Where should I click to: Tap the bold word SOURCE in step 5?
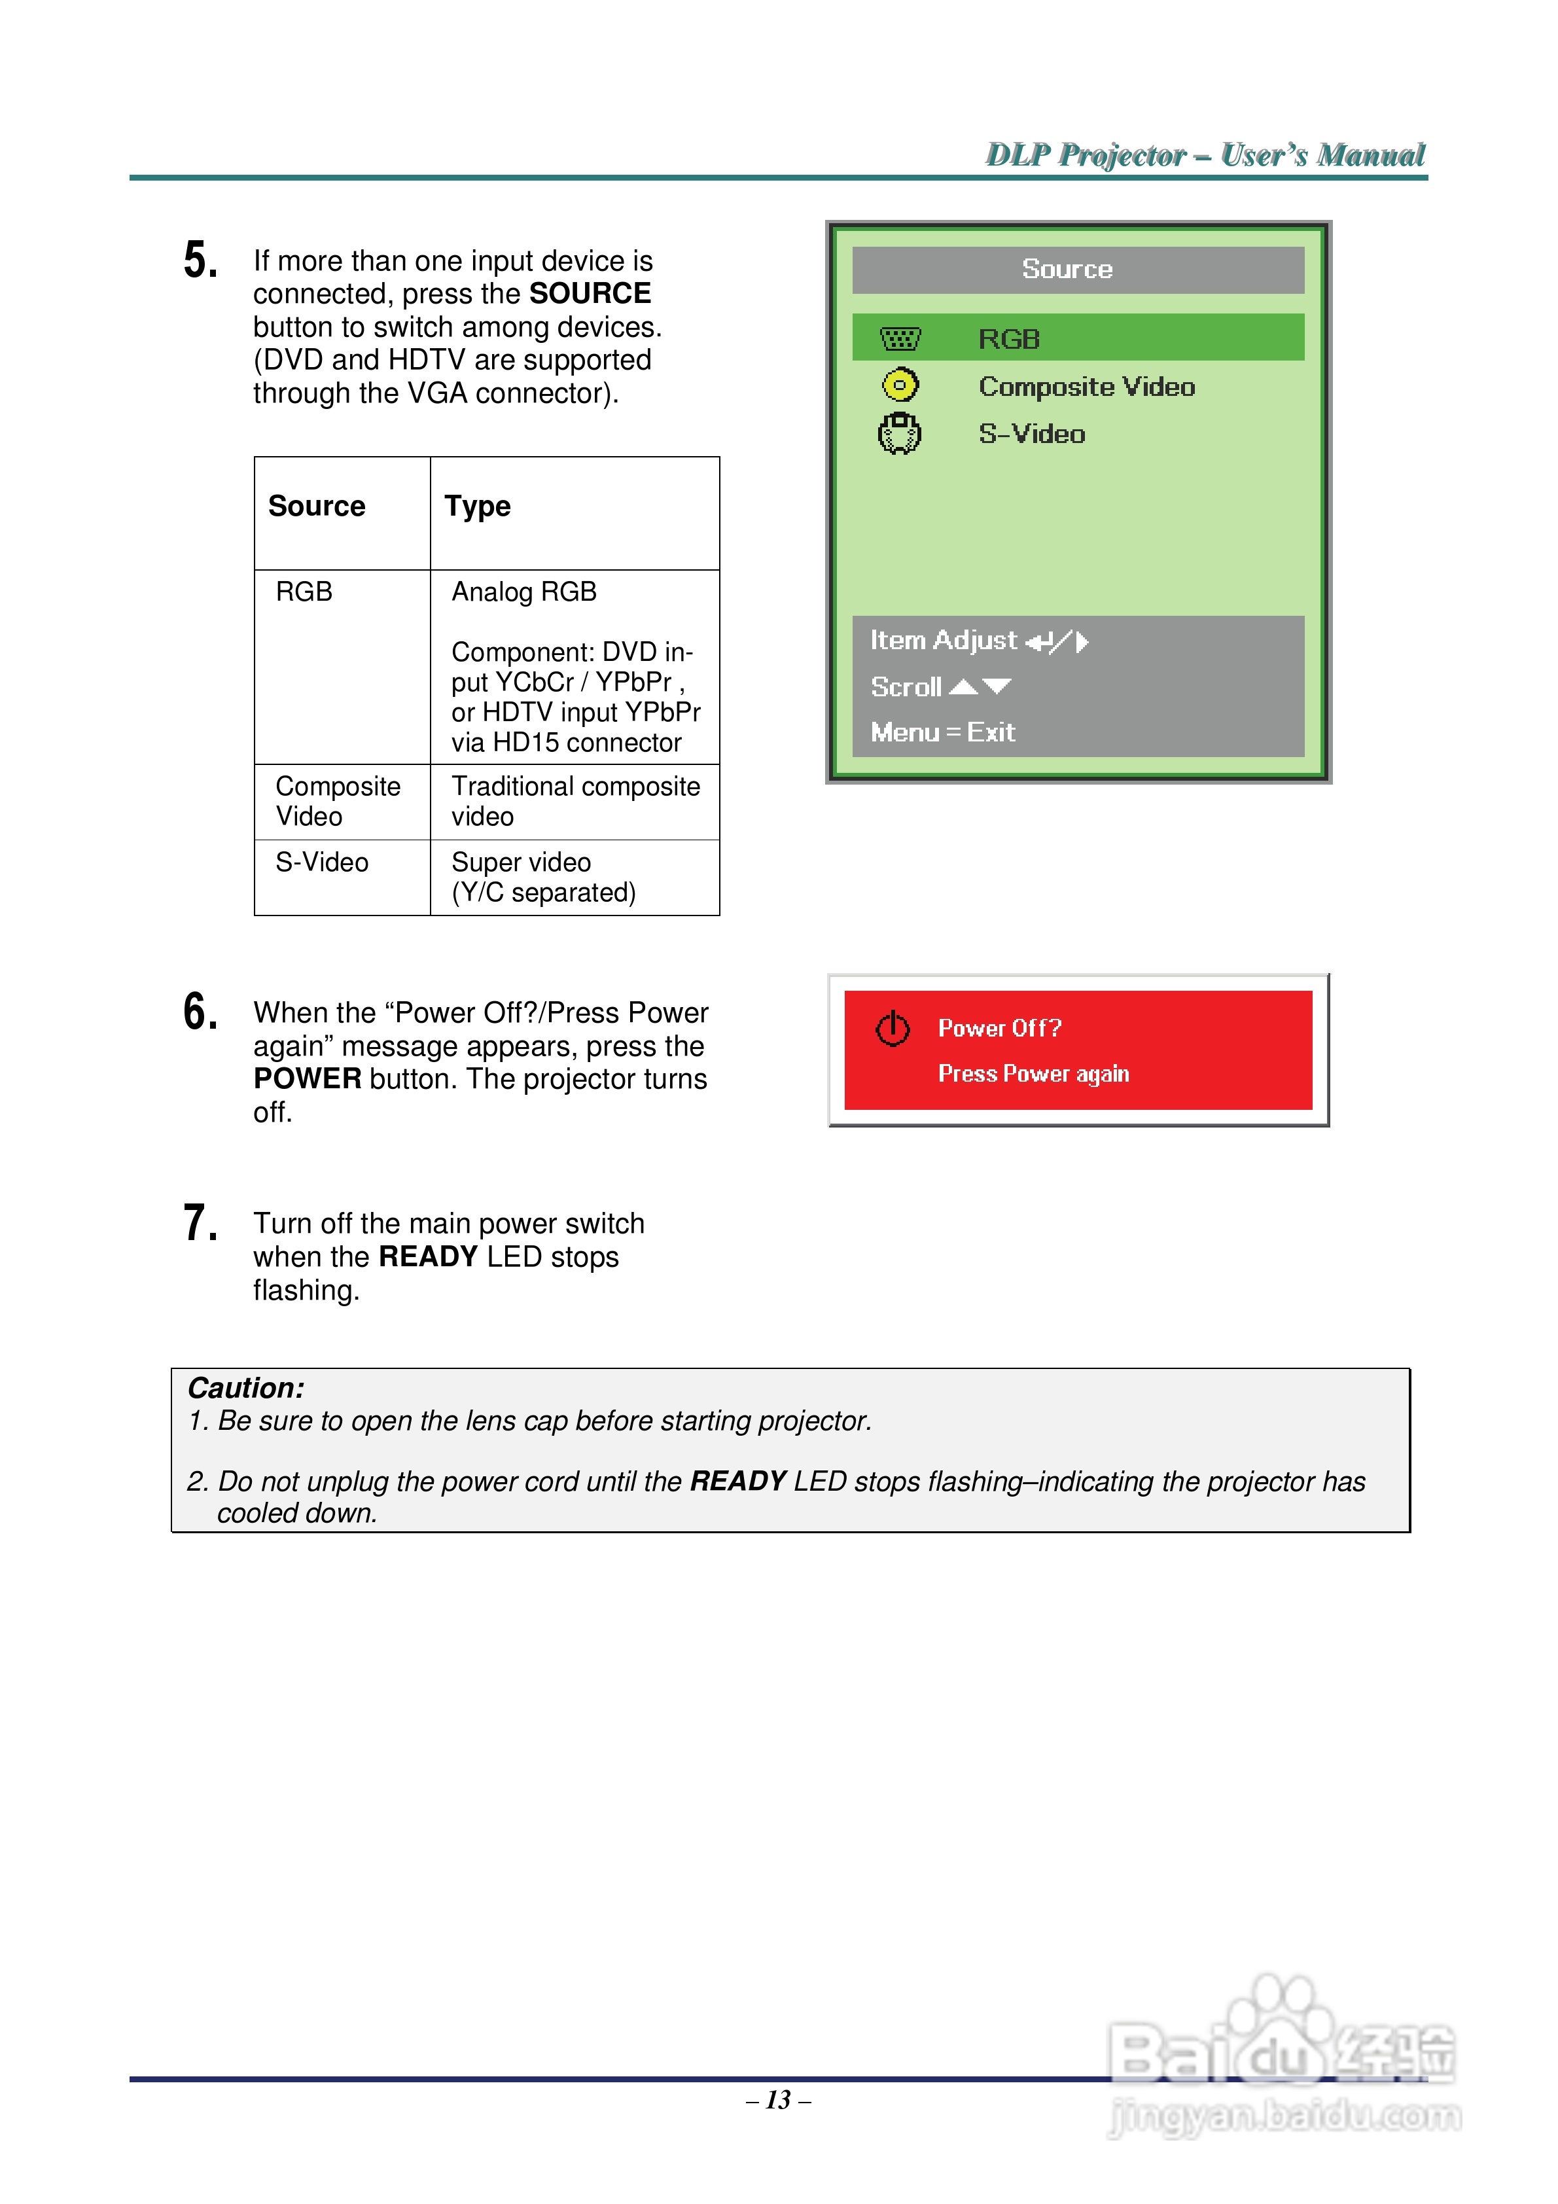(590, 294)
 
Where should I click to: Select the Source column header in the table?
(317, 507)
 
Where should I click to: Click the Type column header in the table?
(477, 507)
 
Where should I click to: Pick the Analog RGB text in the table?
(524, 592)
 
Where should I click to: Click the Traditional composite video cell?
(575, 802)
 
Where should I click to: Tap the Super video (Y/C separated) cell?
(543, 878)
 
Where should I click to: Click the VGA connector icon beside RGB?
(900, 339)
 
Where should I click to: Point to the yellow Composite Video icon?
(900, 386)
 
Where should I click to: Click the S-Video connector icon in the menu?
(900, 434)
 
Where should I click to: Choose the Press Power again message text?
(1033, 1073)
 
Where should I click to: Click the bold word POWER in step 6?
(307, 1079)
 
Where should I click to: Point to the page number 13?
(779, 2101)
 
